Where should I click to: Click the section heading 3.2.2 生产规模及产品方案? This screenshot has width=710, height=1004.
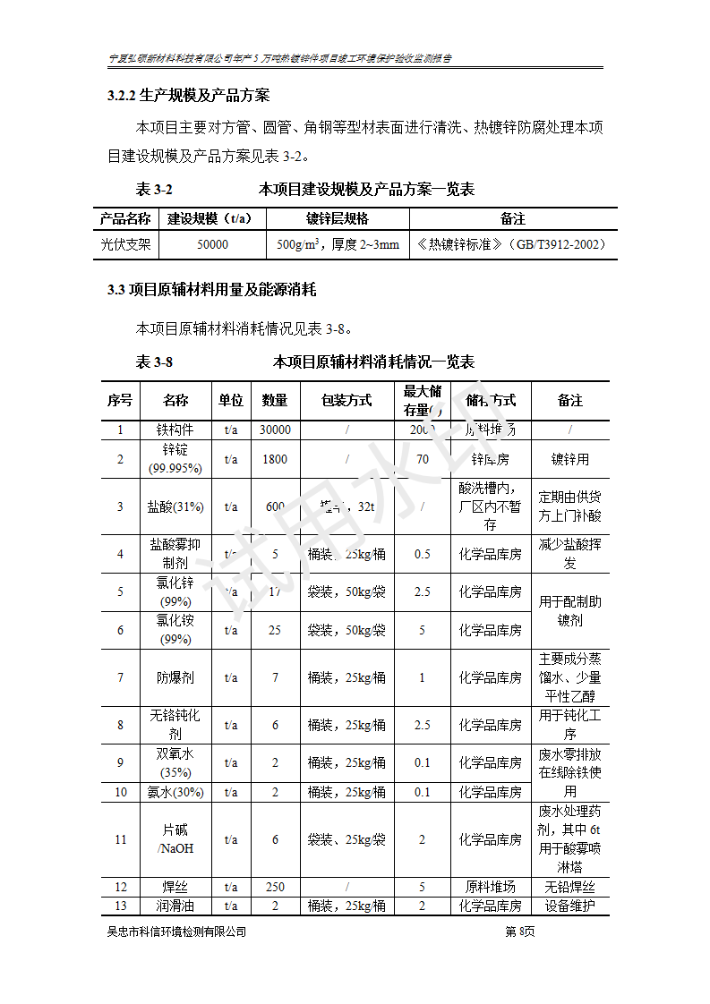click(x=188, y=95)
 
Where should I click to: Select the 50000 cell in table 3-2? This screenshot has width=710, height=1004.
click(x=212, y=244)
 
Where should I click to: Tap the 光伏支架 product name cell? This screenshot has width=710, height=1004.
click(x=125, y=244)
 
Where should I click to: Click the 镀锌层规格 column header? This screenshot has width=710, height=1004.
click(x=337, y=219)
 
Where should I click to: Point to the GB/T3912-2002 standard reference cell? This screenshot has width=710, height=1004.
click(x=512, y=244)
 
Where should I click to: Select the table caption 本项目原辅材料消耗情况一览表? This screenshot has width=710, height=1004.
click(x=373, y=362)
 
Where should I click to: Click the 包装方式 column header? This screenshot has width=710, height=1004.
click(x=346, y=401)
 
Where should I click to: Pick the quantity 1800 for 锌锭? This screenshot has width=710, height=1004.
click(x=275, y=459)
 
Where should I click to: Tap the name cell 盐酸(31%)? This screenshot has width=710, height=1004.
click(x=175, y=506)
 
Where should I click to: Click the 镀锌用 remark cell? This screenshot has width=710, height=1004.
click(x=570, y=459)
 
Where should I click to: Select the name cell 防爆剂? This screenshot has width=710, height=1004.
click(x=175, y=677)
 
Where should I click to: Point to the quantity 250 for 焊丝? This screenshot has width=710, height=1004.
click(x=275, y=887)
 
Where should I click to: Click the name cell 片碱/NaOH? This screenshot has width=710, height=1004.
click(x=175, y=839)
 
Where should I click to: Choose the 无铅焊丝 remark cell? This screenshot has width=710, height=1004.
click(x=570, y=887)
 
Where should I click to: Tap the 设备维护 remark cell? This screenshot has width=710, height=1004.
click(x=570, y=906)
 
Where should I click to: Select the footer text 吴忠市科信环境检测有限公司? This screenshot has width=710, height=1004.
click(x=176, y=932)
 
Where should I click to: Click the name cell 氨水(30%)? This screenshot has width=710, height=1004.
click(x=175, y=792)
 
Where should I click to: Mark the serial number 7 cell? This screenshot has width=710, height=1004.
click(x=120, y=677)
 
